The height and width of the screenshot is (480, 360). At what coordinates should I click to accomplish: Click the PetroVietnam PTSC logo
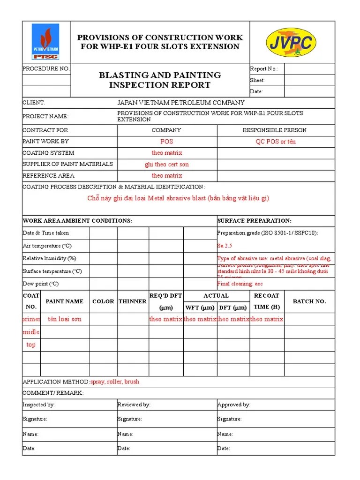(45, 42)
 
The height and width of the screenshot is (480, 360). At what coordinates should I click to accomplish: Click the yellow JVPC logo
(291, 42)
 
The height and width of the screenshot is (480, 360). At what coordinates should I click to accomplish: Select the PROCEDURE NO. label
(46, 69)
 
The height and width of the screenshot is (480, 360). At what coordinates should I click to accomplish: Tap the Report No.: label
(264, 69)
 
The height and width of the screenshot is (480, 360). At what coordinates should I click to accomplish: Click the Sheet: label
(257, 80)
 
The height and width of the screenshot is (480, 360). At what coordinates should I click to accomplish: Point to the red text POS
(166, 142)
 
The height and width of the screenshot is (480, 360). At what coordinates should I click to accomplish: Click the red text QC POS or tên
(275, 142)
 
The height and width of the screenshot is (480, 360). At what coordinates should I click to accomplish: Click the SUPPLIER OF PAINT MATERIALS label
(67, 164)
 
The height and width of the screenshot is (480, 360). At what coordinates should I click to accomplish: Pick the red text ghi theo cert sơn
(166, 165)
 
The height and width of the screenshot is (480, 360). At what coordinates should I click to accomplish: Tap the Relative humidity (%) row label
(49, 258)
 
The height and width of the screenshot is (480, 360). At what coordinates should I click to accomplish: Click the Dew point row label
(41, 284)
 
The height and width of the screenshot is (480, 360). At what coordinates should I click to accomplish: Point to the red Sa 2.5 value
(225, 246)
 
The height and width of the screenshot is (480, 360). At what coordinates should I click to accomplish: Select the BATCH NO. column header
(309, 301)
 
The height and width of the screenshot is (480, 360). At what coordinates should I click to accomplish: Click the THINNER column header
(132, 301)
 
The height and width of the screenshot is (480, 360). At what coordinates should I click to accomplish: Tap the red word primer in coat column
(31, 319)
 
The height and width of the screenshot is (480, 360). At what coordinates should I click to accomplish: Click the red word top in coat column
(31, 345)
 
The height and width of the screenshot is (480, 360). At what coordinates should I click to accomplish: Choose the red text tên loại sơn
(64, 319)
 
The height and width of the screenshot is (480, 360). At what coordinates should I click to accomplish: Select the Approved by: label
(233, 405)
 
